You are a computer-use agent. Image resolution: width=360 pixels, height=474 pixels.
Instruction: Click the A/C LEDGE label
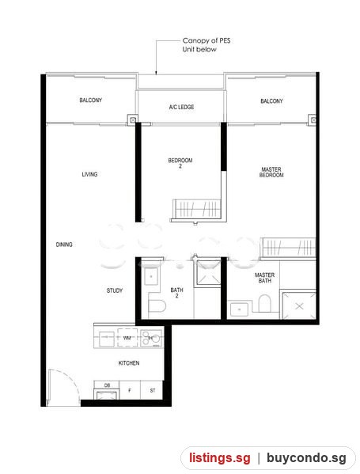(x=181, y=107)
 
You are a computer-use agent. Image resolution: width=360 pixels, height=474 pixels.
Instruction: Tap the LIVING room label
(x=89, y=174)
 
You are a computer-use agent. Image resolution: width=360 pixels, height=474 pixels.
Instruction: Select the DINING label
(x=64, y=245)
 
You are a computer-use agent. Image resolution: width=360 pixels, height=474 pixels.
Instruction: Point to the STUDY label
(x=115, y=290)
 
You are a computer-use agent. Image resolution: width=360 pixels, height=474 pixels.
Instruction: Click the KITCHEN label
(x=129, y=363)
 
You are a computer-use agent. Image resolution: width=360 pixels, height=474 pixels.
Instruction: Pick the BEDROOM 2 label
(x=180, y=163)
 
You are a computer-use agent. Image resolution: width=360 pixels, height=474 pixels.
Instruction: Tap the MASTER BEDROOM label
(x=271, y=172)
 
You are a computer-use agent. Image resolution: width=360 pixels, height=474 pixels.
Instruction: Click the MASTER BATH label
(x=264, y=278)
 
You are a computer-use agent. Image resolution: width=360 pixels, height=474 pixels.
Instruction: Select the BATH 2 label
(x=176, y=293)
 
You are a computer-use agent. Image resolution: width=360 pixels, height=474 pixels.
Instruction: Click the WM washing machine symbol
(x=127, y=338)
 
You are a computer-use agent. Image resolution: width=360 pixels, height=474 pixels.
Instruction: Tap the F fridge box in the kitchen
(x=130, y=390)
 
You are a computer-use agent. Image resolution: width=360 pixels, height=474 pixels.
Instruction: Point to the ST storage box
(x=153, y=390)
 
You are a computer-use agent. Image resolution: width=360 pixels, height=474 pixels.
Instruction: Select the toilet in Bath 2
(x=157, y=306)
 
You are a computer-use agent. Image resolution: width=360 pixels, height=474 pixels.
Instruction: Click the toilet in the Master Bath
(x=264, y=303)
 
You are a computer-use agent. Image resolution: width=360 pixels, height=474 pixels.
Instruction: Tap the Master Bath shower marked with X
(x=299, y=305)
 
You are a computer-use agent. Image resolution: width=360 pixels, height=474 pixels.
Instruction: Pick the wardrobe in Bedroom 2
(x=196, y=209)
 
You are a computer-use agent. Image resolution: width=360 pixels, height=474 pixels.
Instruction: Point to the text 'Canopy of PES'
(x=207, y=40)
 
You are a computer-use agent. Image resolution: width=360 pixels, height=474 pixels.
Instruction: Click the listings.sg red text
(x=220, y=458)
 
